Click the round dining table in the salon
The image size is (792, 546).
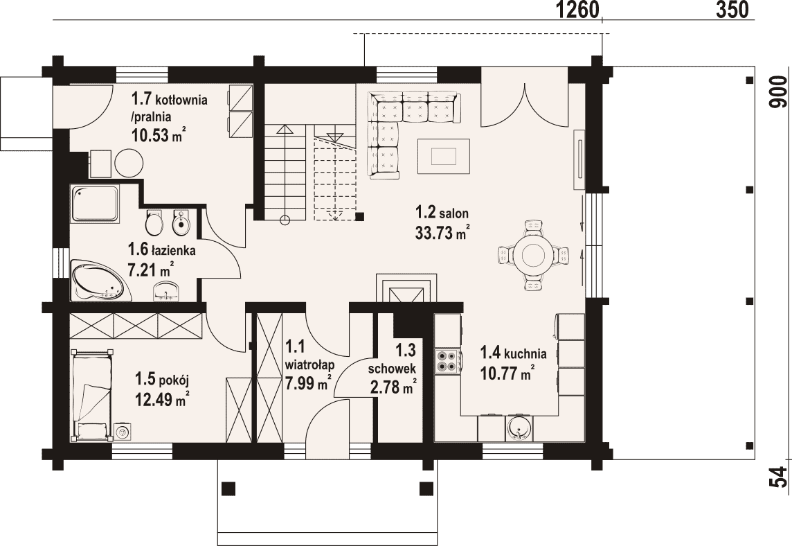pos(533,255)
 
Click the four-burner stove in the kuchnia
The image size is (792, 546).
pos(447,361)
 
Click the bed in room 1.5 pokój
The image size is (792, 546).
pos(92,394)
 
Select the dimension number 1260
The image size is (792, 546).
pos(577,10)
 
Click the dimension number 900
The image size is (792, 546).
pos(780,91)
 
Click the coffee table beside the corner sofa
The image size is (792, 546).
pos(444,156)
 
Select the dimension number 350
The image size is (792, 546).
pos(732,10)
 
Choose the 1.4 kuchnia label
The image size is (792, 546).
pos(513,351)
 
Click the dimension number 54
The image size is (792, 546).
pos(780,476)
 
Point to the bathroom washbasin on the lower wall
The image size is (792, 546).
pos(165,292)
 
